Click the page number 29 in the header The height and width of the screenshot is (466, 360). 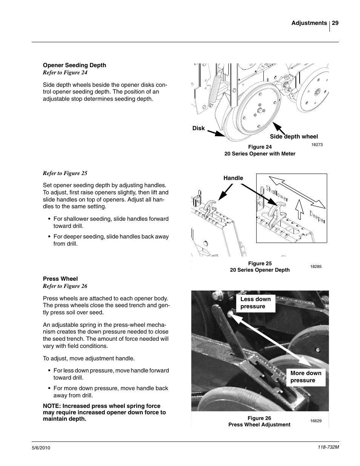pos(335,23)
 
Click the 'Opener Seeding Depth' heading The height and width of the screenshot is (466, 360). pos(74,65)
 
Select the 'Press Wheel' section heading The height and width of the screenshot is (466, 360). pos(60,279)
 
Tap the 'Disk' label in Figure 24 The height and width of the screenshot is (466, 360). pos(198,128)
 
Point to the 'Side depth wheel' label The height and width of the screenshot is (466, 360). pos(294,137)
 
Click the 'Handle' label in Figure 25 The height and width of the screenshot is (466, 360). pos(233,178)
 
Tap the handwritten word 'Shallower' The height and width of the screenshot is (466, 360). pos(277,193)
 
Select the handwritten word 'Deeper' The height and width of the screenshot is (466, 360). pos(317,217)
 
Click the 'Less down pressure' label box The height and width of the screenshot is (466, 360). pos(255,303)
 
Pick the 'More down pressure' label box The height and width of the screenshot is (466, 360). pos(306,377)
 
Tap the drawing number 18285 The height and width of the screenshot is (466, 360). pos(316,266)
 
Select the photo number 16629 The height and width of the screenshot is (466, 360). pos(316,421)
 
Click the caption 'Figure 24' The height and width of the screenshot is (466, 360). pos(260,147)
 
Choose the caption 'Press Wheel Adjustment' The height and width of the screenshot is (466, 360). pos(259,424)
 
